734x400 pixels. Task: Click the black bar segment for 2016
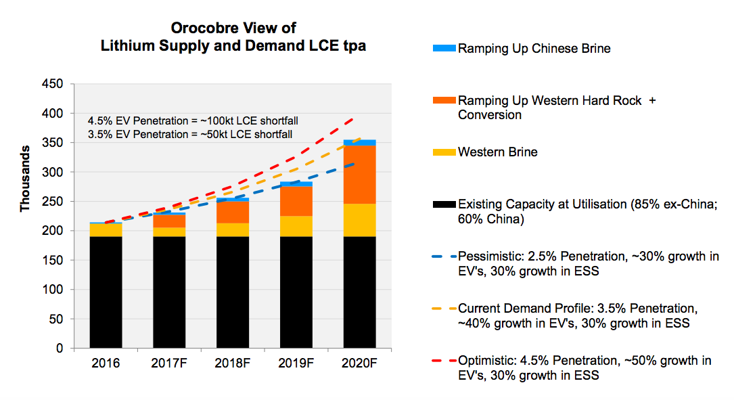(106, 291)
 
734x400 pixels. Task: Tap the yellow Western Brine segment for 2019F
(296, 226)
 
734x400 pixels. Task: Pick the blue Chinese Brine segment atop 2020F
(359, 142)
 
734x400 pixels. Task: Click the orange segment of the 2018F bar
(233, 212)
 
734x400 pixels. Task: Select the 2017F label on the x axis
(169, 363)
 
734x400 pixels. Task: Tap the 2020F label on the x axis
(359, 363)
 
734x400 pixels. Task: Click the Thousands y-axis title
(26, 177)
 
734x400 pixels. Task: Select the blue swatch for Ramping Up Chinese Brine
(442, 49)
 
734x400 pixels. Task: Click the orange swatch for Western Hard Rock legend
(442, 101)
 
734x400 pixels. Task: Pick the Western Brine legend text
(497, 152)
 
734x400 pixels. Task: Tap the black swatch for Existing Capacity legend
(442, 204)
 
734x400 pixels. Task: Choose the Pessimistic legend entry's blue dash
(442, 257)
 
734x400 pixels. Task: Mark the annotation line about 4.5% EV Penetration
(193, 121)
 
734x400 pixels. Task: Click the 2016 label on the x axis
(106, 363)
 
